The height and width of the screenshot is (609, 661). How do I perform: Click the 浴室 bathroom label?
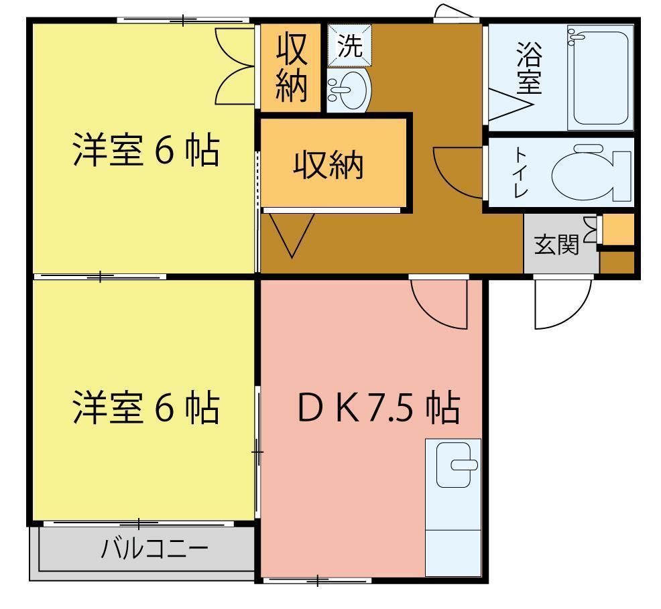coord(530,68)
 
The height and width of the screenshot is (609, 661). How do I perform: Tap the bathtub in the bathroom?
coord(600,78)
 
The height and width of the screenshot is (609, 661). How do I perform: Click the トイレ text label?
coord(520,172)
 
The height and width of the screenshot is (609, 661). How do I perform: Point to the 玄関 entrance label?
coord(556,245)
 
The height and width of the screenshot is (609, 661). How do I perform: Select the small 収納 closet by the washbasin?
coord(291,67)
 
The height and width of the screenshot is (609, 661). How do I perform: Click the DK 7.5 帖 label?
coord(379,407)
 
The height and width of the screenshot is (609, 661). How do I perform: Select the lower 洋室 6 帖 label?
coord(145,407)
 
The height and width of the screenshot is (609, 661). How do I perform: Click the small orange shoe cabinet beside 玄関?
coord(618,230)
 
